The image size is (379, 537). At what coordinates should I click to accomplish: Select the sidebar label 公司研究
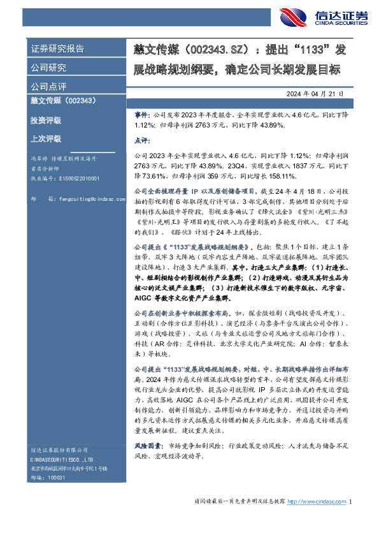click(48, 68)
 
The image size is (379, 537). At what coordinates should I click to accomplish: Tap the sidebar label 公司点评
click(48, 86)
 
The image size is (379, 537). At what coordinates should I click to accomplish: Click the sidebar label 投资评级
click(46, 120)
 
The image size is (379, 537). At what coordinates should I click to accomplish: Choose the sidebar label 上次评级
click(46, 138)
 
